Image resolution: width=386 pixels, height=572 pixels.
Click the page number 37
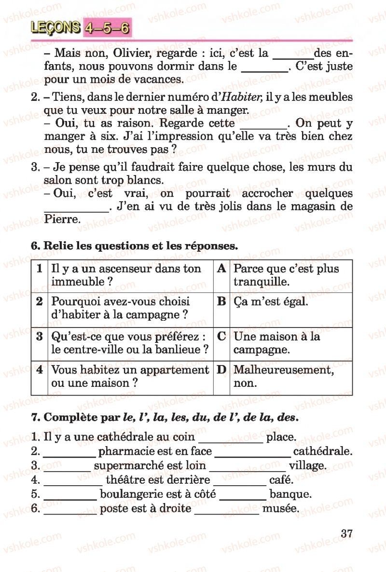point(347,534)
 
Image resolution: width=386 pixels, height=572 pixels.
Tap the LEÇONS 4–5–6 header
point(80,28)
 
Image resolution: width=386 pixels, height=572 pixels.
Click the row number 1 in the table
point(39,269)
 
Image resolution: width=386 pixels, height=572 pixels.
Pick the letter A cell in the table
point(221,269)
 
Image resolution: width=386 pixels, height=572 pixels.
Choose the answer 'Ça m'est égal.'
point(271,302)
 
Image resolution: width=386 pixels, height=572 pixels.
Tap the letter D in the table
point(221,370)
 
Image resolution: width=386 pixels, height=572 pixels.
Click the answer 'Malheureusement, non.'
point(283,377)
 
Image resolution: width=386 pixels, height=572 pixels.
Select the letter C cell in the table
point(221,336)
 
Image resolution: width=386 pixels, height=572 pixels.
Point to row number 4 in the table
point(39,370)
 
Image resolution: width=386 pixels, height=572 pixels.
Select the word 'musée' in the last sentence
point(280,508)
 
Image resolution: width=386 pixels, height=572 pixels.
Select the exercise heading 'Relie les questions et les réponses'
point(140,245)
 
